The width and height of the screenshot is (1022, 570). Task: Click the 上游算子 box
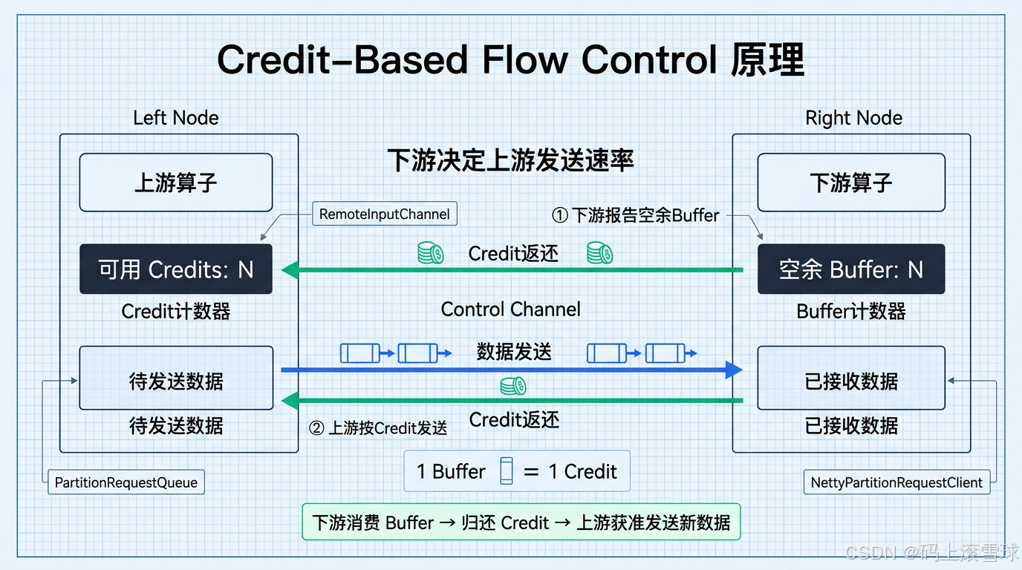(175, 183)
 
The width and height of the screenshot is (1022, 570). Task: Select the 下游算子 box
(851, 183)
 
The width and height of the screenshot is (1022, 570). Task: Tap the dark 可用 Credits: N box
(175, 269)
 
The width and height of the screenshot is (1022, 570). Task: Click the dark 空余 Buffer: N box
(851, 269)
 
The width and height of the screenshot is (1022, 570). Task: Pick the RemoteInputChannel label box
(385, 214)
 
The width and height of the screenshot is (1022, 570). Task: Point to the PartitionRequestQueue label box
(126, 482)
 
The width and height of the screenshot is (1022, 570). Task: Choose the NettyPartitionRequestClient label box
(896, 482)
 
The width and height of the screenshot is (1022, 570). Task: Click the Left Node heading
(175, 118)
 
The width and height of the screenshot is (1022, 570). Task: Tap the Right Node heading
(853, 118)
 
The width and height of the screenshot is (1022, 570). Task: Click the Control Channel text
(510, 309)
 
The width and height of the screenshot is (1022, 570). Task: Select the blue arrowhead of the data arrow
(734, 370)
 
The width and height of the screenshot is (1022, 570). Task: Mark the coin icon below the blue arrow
(512, 386)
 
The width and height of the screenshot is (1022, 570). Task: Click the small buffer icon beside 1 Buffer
(507, 471)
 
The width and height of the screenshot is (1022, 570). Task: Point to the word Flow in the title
(525, 59)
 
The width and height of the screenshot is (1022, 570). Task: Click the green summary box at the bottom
(521, 522)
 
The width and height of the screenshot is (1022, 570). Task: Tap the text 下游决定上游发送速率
(510, 160)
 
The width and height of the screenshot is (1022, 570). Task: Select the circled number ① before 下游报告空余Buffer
(560, 215)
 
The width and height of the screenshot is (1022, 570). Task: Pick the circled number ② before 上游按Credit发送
(316, 427)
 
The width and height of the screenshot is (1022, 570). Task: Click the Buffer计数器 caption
(851, 312)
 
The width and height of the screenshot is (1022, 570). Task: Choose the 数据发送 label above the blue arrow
(514, 352)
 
